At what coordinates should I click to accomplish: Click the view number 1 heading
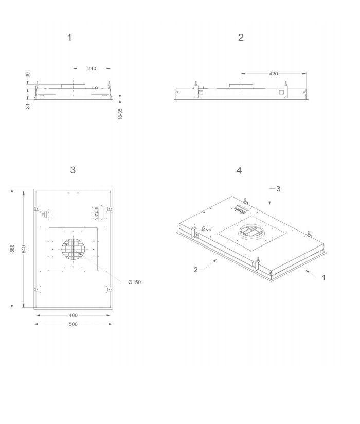(x=70, y=38)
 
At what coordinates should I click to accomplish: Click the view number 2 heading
(x=241, y=38)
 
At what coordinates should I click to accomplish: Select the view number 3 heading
(x=73, y=170)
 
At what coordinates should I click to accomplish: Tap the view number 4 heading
(x=239, y=171)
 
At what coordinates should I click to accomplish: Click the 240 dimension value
(x=92, y=68)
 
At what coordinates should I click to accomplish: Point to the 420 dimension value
(x=274, y=73)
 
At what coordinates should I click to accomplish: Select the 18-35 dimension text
(x=120, y=114)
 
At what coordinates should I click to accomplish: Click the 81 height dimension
(x=28, y=106)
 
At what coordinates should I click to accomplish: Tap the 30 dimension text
(x=28, y=75)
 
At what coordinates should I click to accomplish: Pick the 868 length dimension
(x=12, y=249)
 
